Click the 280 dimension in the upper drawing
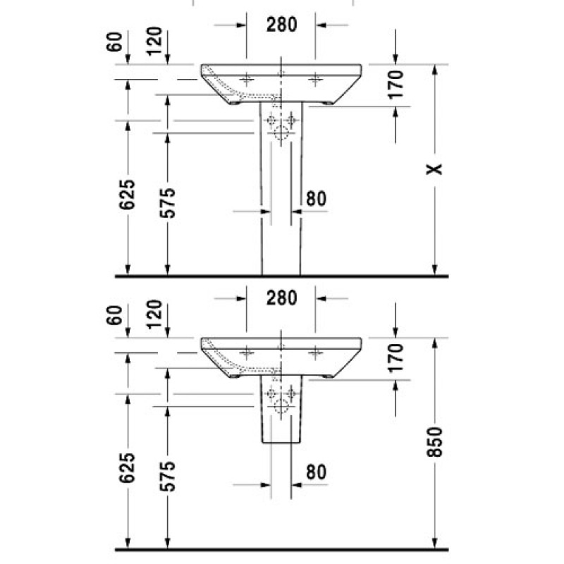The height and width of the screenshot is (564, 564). pos(281,25)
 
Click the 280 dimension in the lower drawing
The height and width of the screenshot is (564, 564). pos(281,298)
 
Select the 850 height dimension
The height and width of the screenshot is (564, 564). pos(434,442)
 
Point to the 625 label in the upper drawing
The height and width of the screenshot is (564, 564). pos(128,195)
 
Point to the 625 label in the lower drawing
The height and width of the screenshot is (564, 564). pos(128,467)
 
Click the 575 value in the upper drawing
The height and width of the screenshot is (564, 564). pos(167,203)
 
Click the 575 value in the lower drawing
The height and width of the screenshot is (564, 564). pos(167,477)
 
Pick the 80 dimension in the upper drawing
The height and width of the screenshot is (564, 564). pos(316,199)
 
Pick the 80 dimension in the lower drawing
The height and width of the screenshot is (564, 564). pos(316,472)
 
